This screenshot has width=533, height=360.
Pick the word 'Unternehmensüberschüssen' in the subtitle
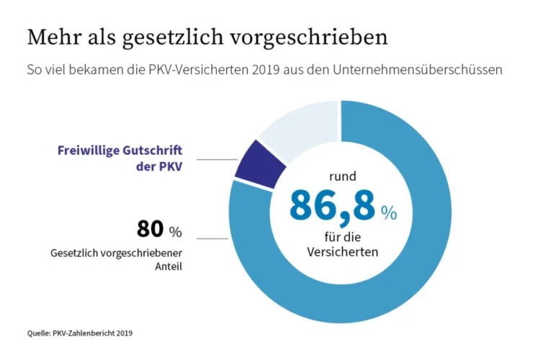point(426,71)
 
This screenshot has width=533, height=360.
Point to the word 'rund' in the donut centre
point(344,174)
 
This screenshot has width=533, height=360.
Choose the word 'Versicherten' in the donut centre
point(343,253)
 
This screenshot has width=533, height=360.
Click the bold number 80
point(150,230)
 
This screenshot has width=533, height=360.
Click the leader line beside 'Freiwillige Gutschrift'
point(217,160)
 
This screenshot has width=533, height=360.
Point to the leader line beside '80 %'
point(213,238)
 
